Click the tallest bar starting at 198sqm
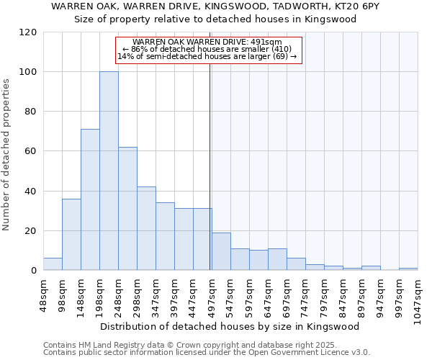click(109, 171)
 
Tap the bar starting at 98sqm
click(71, 235)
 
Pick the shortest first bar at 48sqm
click(53, 264)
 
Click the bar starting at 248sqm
click(127, 209)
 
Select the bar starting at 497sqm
click(221, 251)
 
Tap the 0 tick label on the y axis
click(33, 271)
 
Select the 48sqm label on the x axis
click(48, 296)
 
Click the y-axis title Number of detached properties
click(6, 155)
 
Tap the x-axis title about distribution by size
click(230, 327)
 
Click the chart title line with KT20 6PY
click(215, 6)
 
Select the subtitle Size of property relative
click(215, 19)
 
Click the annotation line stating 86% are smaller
click(207, 49)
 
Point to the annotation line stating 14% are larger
click(207, 56)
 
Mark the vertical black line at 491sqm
click(210, 166)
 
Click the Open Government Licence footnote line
click(207, 353)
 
